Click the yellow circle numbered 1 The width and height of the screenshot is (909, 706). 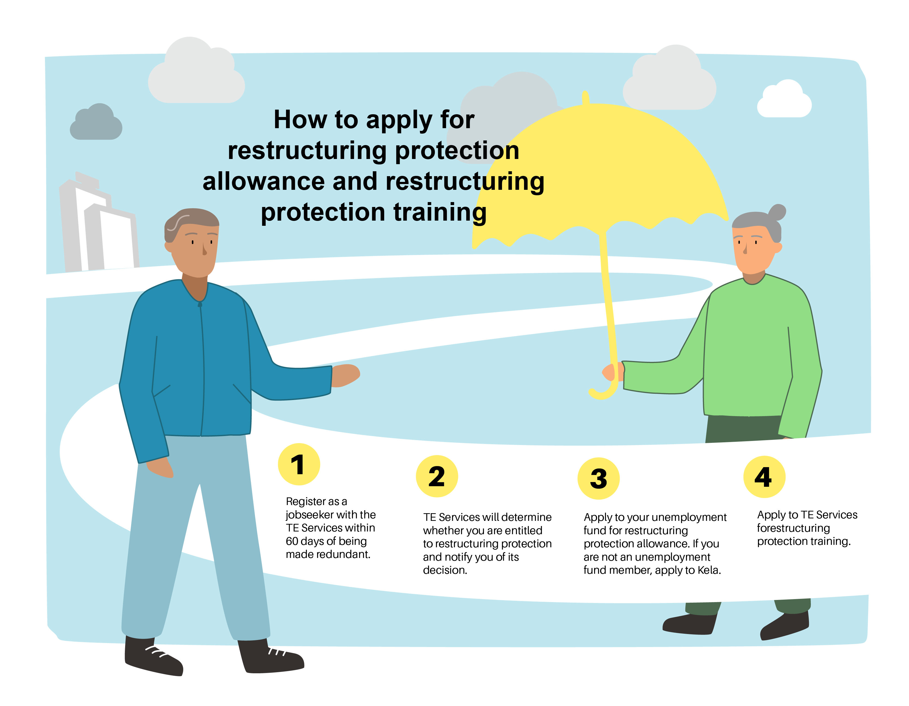(x=299, y=464)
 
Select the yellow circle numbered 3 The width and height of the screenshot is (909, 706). (x=598, y=478)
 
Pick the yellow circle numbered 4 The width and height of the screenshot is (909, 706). (x=764, y=477)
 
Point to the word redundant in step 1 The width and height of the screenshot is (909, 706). (x=343, y=554)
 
